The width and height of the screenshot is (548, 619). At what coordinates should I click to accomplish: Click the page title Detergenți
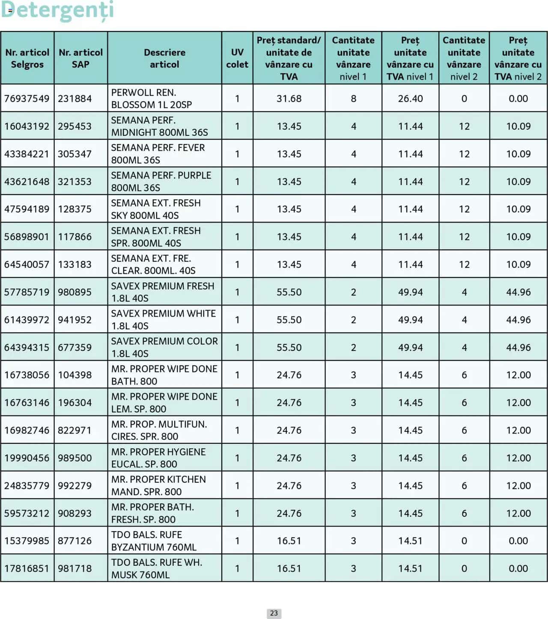(x=57, y=10)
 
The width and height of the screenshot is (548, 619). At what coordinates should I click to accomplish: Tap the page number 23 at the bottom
(x=274, y=613)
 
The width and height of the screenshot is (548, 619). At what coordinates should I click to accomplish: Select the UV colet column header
(x=237, y=58)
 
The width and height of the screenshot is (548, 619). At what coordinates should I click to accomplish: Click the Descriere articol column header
(x=164, y=58)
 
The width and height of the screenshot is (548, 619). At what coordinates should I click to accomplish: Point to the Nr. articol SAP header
(x=80, y=58)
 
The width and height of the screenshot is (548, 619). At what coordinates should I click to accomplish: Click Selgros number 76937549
(x=27, y=99)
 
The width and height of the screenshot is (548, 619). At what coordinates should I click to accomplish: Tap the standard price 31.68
(x=289, y=99)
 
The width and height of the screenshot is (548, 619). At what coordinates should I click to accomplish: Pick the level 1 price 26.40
(x=410, y=99)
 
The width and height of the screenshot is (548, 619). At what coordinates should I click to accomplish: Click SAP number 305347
(x=75, y=154)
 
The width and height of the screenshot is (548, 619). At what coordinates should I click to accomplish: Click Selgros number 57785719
(x=27, y=292)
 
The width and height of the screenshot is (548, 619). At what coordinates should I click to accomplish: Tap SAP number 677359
(x=75, y=347)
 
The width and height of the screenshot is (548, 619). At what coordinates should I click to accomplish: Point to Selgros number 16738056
(x=27, y=375)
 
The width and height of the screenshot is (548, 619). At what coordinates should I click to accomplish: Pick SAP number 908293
(x=75, y=513)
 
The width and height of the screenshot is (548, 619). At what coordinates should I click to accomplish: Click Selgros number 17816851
(x=27, y=568)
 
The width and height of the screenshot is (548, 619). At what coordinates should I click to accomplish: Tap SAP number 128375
(x=75, y=209)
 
